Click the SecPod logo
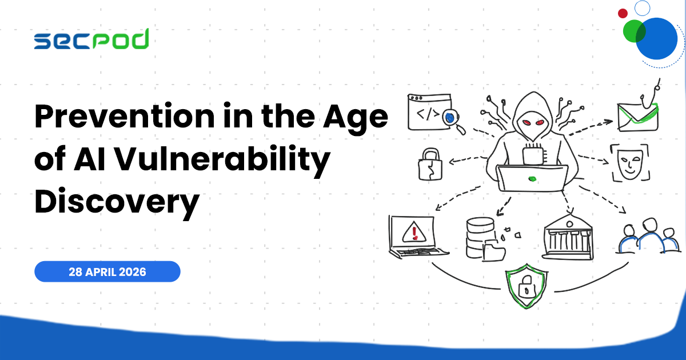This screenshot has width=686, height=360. tap(91, 39)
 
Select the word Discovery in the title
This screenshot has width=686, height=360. tap(117, 202)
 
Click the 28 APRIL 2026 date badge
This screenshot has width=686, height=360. tap(107, 271)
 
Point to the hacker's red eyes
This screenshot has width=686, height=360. tap(532, 122)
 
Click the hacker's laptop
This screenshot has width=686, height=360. tap(532, 178)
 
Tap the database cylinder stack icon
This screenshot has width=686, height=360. tap(479, 236)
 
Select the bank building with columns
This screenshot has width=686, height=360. tap(568, 238)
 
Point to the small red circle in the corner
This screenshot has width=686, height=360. tap(623, 13)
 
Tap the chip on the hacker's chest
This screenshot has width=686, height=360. tap(533, 153)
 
